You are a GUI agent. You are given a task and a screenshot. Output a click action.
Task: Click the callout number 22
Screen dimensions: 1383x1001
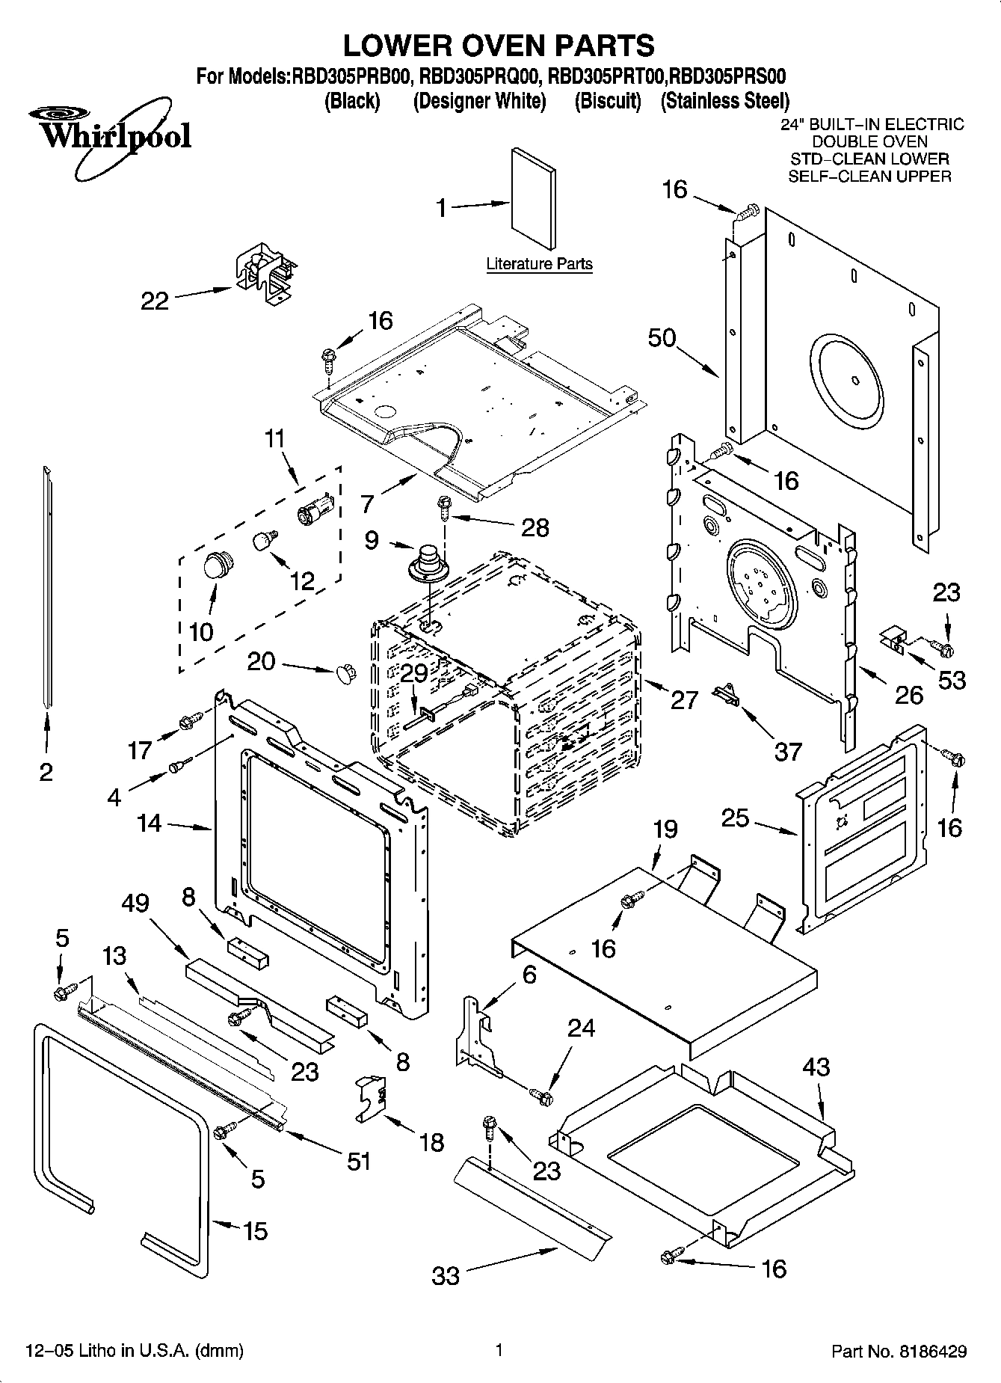tap(155, 301)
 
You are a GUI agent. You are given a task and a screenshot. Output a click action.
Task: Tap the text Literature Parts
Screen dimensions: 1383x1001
tap(539, 264)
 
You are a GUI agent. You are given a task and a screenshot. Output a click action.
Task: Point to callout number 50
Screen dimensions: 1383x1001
tap(662, 338)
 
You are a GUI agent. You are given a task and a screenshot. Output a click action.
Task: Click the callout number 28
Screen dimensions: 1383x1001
tap(535, 527)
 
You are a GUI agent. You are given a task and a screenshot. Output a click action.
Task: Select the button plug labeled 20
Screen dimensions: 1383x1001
tap(345, 671)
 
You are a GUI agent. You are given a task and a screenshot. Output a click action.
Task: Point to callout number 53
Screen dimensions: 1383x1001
tap(952, 680)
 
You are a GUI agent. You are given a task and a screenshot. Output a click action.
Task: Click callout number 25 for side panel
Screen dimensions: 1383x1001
tap(735, 818)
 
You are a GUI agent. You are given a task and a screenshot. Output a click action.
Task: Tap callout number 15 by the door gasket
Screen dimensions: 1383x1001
tap(255, 1230)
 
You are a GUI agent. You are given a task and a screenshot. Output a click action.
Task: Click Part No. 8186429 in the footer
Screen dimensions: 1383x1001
tap(899, 1352)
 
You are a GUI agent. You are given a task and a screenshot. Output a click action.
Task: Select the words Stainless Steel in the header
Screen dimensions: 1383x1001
tap(724, 101)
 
